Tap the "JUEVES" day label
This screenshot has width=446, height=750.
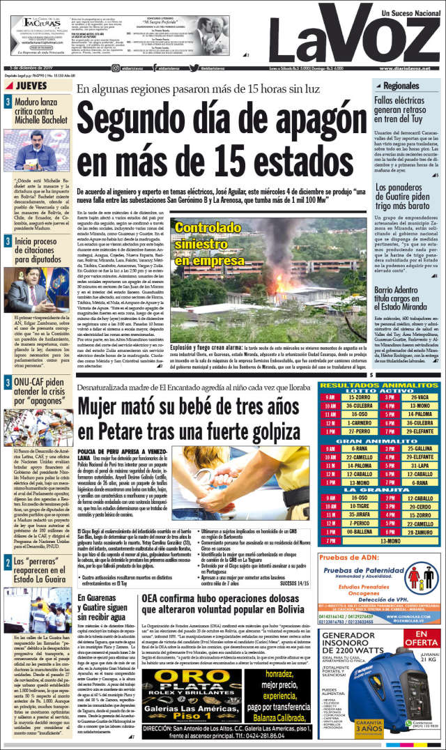tap(31, 86)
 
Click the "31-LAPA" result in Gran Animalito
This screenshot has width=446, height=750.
tap(420, 464)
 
